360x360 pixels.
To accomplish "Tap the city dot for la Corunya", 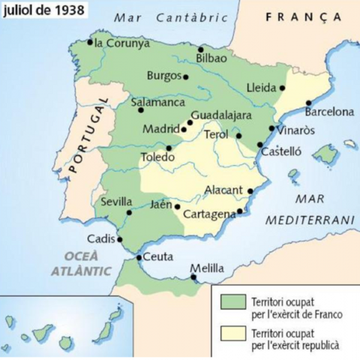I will coord(90,42).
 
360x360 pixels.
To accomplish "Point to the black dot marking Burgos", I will coord(185,76).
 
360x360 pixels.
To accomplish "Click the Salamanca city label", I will coord(157,100).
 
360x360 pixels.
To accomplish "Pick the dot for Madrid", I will coord(184,129).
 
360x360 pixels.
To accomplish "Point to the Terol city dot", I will coord(238,136).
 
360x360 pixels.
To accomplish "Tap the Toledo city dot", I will coord(169,148).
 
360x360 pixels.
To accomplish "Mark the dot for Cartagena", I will coord(239,212).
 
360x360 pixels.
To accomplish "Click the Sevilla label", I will coord(116,202).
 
